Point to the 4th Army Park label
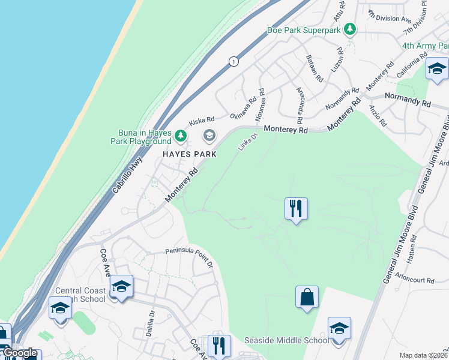click(425, 46)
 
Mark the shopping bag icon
click(307, 297)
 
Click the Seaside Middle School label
click(286, 340)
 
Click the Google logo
click(19, 353)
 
